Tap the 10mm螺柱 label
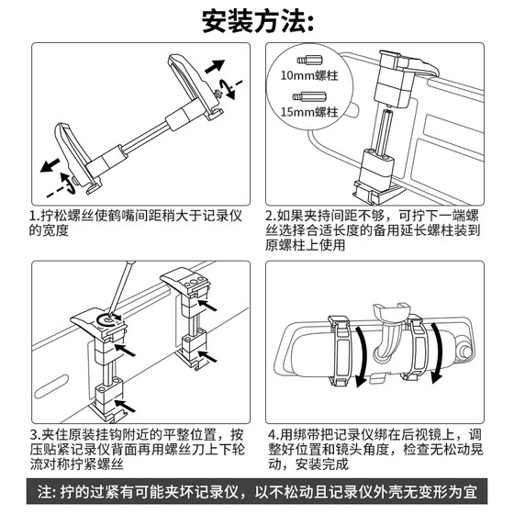click(308, 75)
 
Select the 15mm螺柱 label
click(308, 112)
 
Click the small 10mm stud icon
click(310, 61)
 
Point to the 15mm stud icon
click(309, 96)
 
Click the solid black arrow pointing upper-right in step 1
click(215, 66)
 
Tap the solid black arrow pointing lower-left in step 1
click(50, 165)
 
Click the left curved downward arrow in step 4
click(362, 356)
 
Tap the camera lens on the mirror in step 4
click(466, 351)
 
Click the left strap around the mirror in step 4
click(340, 350)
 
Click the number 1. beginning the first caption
click(34, 217)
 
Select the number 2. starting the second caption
click(271, 217)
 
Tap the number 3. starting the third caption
click(35, 435)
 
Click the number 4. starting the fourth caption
click(274, 435)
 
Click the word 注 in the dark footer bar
click(44, 492)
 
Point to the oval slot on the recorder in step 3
click(51, 386)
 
